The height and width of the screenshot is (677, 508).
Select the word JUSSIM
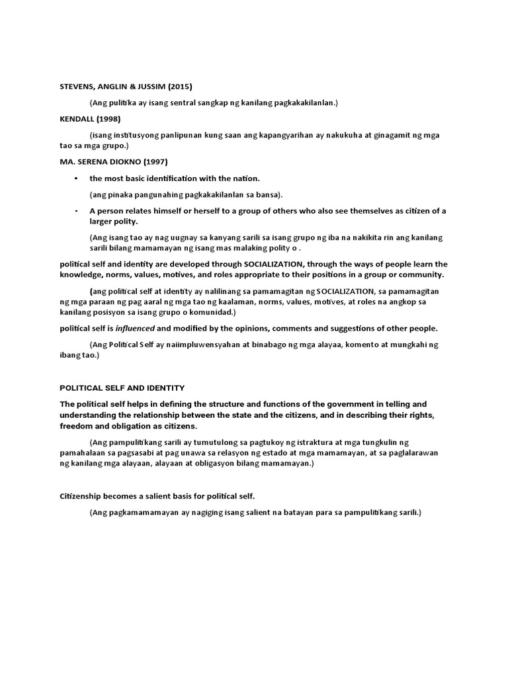pyautogui.click(x=144, y=86)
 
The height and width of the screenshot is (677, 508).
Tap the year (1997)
pyautogui.click(x=171, y=161)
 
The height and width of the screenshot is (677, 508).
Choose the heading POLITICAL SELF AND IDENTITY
pyautogui.click(x=122, y=388)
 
